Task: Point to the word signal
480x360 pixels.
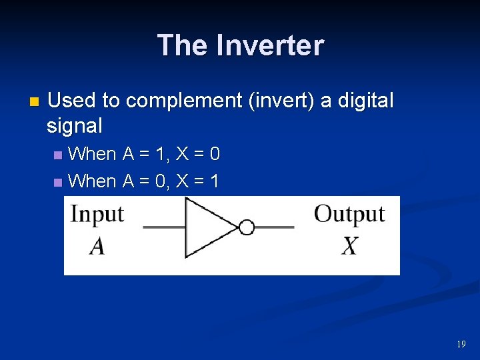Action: pyautogui.click(x=75, y=125)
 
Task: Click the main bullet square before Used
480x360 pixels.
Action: pyautogui.click(x=35, y=102)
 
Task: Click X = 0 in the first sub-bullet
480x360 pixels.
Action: pyautogui.click(x=197, y=155)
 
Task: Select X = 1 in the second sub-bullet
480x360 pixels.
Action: pyautogui.click(x=197, y=181)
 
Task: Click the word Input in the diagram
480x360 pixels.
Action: pyautogui.click(x=97, y=215)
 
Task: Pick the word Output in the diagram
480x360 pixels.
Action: pyautogui.click(x=349, y=215)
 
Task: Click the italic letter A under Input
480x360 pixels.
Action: pyautogui.click(x=97, y=247)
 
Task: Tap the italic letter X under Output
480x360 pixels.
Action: pyautogui.click(x=350, y=247)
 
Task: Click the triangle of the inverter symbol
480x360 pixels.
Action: pyautogui.click(x=207, y=228)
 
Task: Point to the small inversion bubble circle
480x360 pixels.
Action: pyautogui.click(x=247, y=228)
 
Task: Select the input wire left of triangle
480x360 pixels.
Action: pyautogui.click(x=164, y=228)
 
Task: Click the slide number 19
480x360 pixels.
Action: pyautogui.click(x=461, y=344)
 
